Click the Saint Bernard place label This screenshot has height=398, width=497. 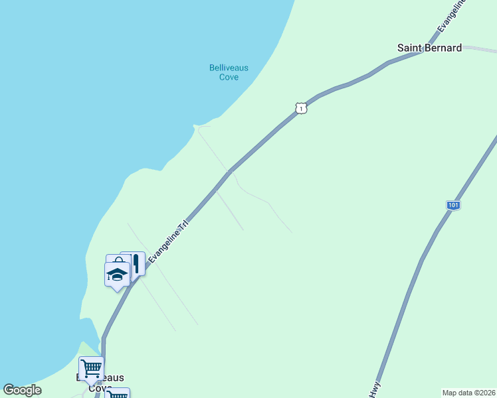429,48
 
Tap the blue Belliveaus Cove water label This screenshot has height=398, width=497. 224,72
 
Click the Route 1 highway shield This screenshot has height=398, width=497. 301,108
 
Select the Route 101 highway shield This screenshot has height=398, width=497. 452,206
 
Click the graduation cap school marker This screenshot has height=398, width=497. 117,275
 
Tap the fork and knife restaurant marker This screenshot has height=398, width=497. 136,263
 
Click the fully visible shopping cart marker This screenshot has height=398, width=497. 91,367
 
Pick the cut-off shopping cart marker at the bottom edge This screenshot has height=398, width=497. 118,393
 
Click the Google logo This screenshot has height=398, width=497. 22,390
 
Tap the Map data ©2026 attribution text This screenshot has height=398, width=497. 468,393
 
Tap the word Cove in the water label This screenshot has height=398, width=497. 229,77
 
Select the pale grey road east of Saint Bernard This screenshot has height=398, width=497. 480,48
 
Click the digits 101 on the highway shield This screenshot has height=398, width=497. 452,206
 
